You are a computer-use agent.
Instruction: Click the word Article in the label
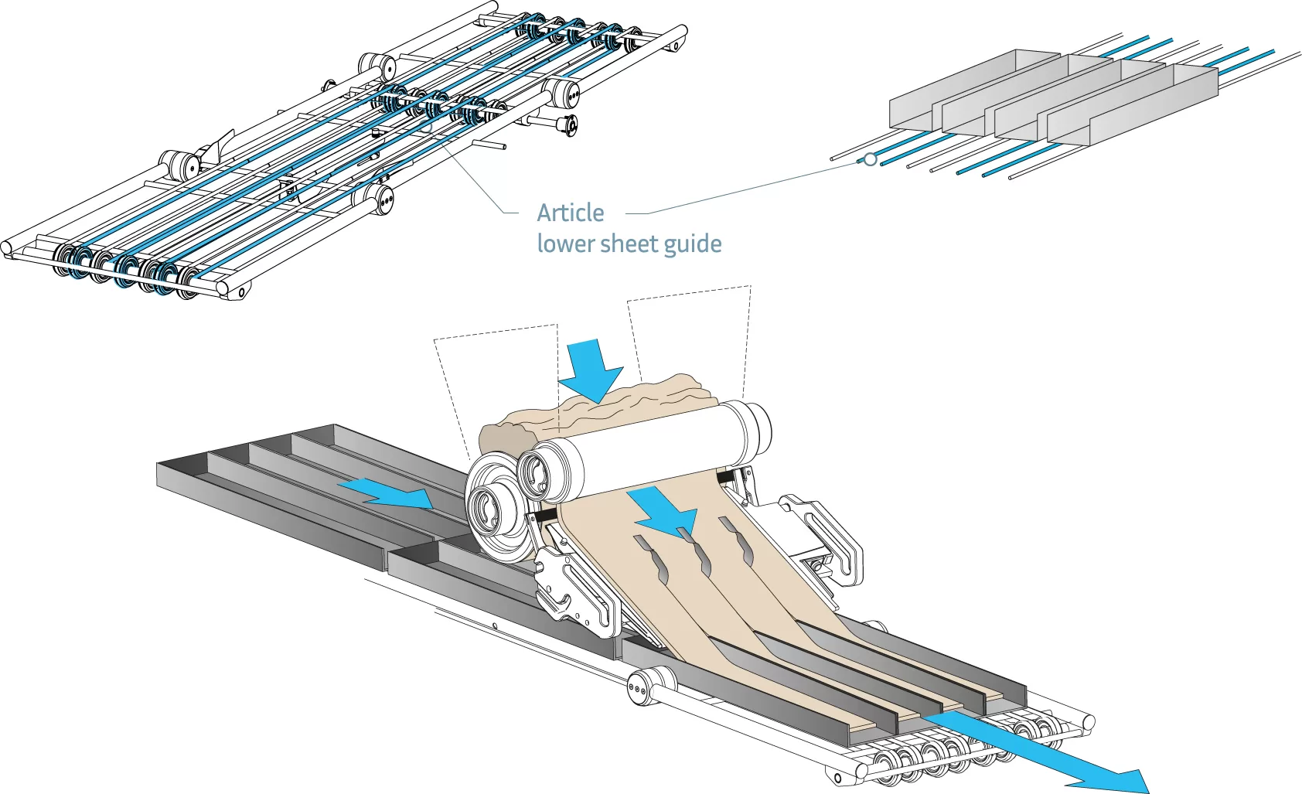coord(571,213)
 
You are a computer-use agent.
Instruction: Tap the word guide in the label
coord(692,244)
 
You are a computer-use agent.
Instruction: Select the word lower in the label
coord(565,244)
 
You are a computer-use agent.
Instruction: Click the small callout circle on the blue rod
coord(871,159)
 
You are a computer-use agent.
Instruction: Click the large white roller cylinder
coord(657,448)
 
